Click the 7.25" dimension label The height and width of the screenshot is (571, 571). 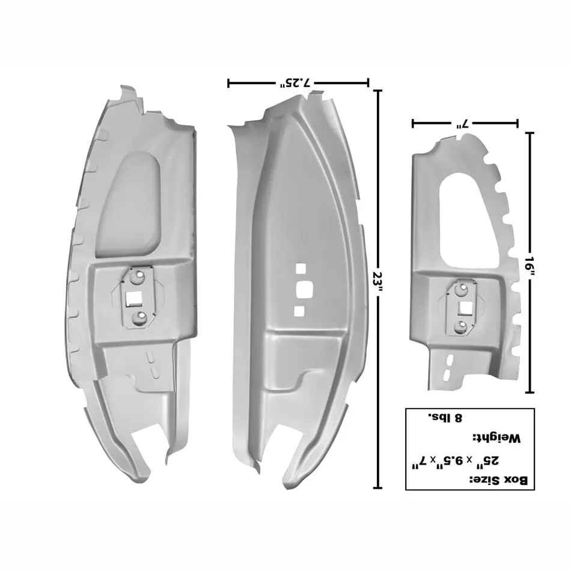click(x=295, y=84)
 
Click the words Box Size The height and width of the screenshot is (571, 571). click(x=499, y=480)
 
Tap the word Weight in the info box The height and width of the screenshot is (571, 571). click(x=496, y=438)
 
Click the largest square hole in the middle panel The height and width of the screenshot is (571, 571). click(x=305, y=289)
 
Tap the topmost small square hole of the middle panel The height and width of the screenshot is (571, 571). click(x=301, y=269)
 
